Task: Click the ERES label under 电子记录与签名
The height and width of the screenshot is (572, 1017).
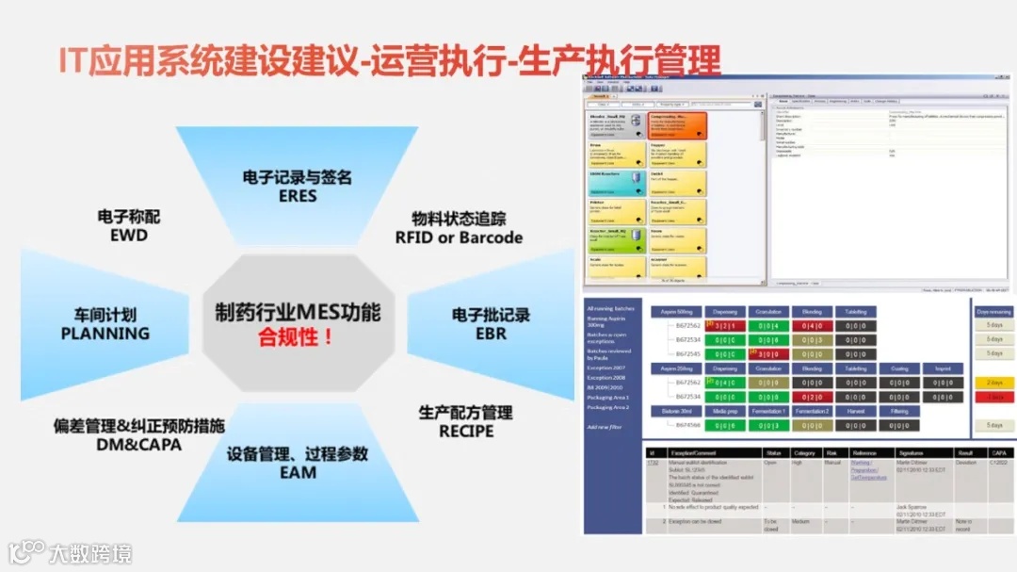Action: tap(298, 196)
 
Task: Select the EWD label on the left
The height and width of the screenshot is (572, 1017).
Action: tap(128, 235)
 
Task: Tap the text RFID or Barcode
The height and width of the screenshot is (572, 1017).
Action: tap(459, 237)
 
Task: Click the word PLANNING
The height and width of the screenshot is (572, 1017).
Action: tap(105, 333)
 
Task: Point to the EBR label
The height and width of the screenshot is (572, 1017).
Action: tap(491, 333)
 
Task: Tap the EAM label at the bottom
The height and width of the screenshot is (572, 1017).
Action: tap(298, 471)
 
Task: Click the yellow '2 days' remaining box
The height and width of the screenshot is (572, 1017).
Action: tap(994, 383)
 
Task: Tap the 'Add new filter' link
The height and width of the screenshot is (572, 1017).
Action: tap(604, 427)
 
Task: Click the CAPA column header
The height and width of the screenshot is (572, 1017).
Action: tap(996, 452)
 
